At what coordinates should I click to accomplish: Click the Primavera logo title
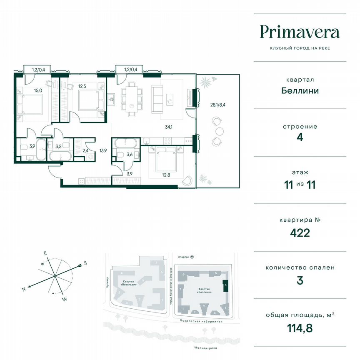tap(300, 32)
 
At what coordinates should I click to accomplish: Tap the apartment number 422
tap(300, 232)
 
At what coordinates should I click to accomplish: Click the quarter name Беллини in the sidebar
tap(300, 90)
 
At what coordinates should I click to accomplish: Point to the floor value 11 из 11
tap(300, 185)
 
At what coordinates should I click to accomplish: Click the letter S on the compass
tap(85, 263)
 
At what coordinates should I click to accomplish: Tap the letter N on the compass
tap(24, 289)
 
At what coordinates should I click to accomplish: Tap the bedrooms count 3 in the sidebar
tap(300, 280)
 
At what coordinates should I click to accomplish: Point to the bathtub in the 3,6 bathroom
tap(126, 143)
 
